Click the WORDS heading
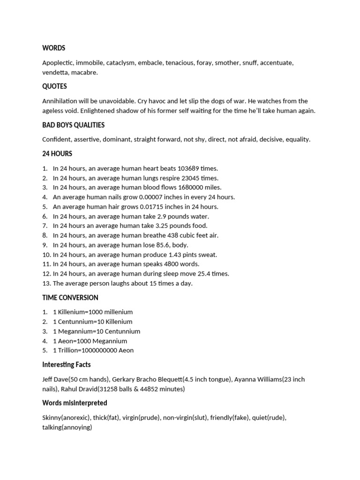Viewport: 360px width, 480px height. (53, 48)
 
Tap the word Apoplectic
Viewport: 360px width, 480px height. (57, 63)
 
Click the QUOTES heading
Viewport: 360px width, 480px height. (54, 86)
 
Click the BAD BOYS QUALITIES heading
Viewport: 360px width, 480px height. (73, 125)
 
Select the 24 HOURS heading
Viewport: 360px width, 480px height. (57, 154)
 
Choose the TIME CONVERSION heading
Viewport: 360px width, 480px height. (70, 298)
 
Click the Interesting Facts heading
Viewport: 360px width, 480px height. (67, 365)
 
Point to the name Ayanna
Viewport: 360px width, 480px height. (246, 379)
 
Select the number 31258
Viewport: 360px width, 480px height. (120, 389)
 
